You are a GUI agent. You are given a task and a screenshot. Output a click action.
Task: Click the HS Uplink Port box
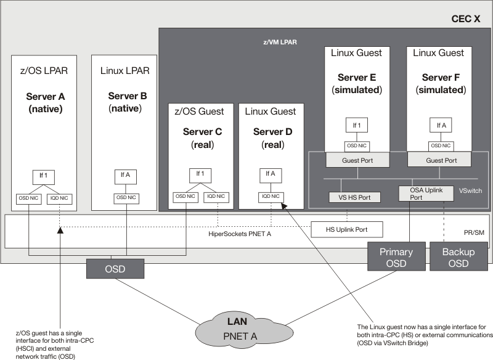tap(346, 229)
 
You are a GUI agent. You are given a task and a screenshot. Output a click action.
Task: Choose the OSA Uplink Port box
tap(420, 194)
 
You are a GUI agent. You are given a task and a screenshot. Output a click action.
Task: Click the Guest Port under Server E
tap(356, 160)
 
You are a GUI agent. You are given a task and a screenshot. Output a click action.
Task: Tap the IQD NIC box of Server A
tap(60, 198)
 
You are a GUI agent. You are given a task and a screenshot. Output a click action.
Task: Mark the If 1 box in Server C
tap(200, 173)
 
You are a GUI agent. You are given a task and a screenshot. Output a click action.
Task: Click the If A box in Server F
tap(441, 125)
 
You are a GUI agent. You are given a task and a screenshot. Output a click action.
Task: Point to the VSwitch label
tap(471, 191)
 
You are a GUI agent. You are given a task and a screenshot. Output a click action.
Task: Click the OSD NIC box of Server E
tap(356, 146)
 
